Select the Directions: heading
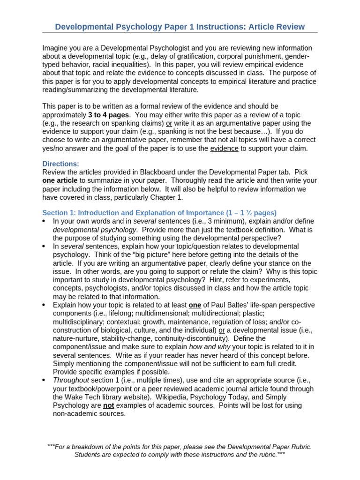(61, 164)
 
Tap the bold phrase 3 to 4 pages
(108, 115)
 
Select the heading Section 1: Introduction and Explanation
(127, 212)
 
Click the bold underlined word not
(109, 405)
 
